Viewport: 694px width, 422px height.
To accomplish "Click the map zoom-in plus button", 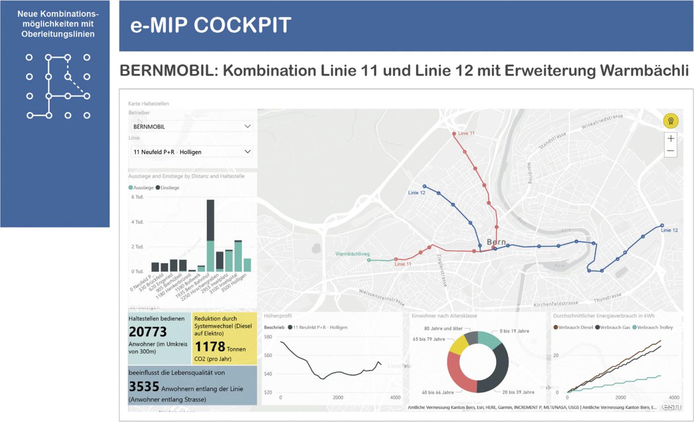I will [x=670, y=138].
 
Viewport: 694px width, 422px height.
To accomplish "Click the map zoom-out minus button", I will [x=670, y=151].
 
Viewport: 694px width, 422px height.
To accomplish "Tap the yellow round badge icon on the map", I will [x=671, y=121].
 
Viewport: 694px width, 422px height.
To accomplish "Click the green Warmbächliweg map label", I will [x=352, y=254].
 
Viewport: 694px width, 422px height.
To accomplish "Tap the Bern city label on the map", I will [x=496, y=242].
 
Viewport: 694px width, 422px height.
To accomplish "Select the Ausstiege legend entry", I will [x=141, y=188].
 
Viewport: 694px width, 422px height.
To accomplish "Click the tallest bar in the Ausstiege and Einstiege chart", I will [x=210, y=233].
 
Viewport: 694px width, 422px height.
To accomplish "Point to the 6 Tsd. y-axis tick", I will [x=137, y=197].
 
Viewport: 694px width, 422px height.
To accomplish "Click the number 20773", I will [x=148, y=332].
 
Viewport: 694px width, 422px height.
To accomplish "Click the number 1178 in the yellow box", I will [x=210, y=347].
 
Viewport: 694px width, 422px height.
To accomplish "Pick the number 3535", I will [x=144, y=386].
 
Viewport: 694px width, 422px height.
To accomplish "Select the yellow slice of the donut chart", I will [x=457, y=345].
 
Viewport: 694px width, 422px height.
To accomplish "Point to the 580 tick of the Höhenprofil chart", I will [x=268, y=337].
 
